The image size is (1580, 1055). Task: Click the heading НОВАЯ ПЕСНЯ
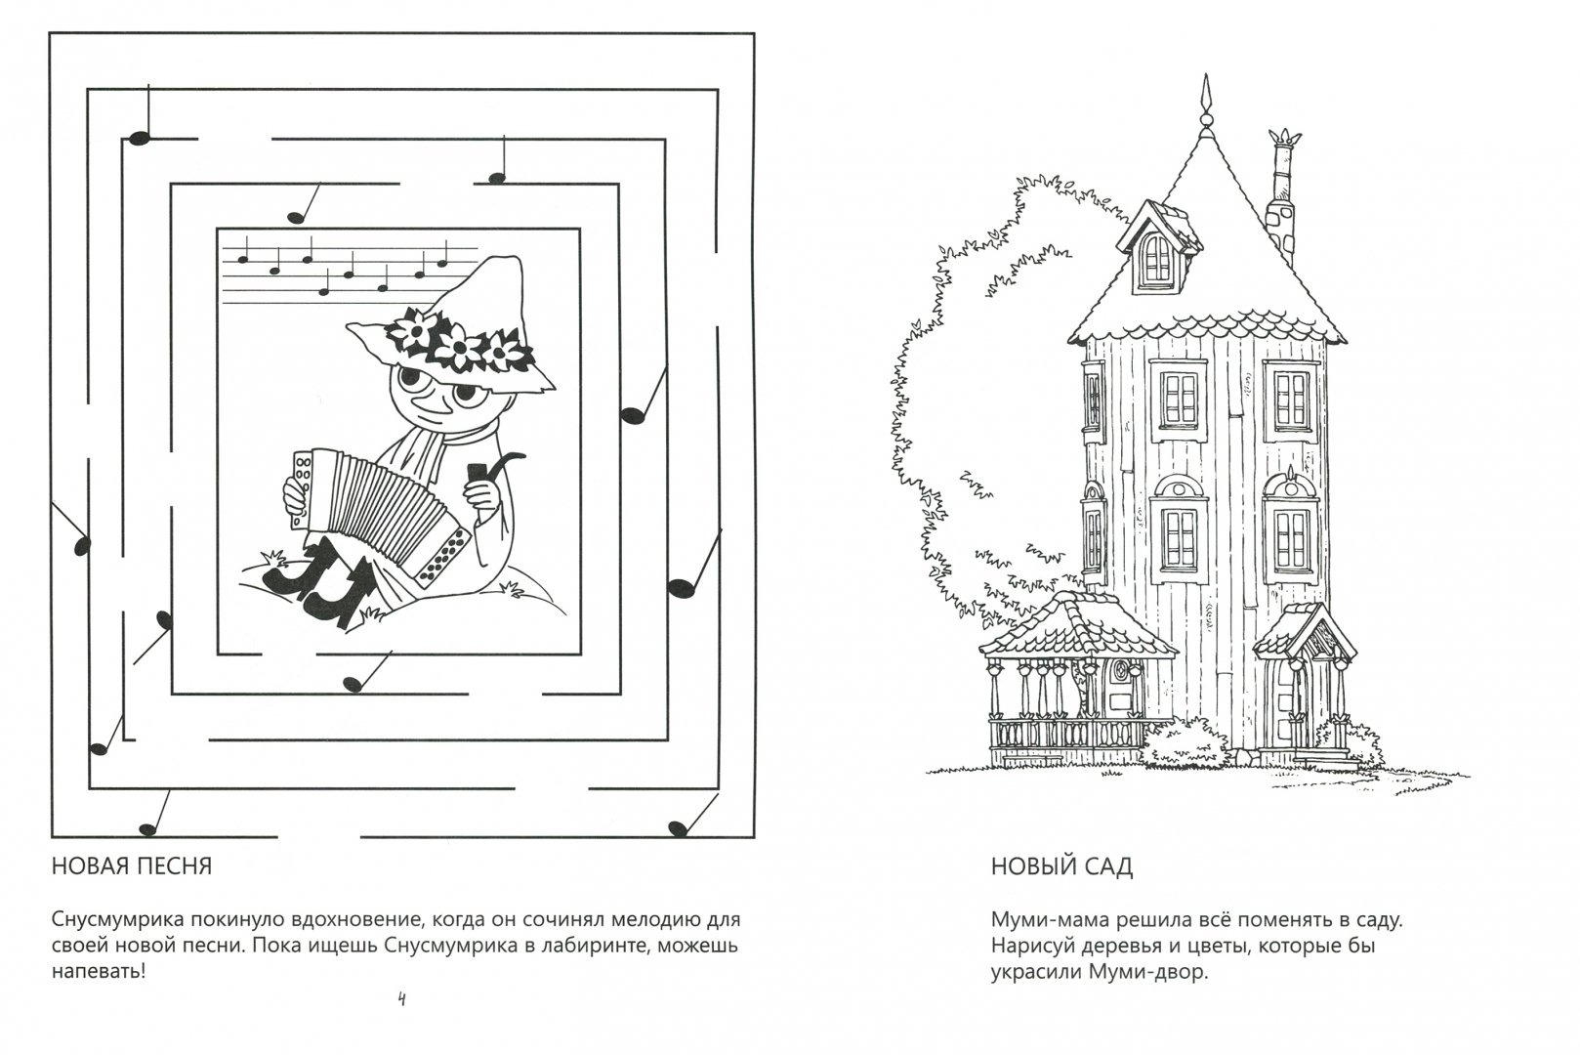click(132, 865)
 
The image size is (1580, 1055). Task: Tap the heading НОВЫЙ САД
click(1061, 865)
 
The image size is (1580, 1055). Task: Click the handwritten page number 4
click(401, 998)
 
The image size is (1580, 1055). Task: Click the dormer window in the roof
click(1158, 250)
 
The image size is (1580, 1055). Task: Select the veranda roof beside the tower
click(1076, 628)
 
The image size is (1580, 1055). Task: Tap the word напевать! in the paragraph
click(99, 973)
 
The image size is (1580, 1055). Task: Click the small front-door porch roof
click(1305, 632)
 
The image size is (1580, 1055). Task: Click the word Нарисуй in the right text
click(1032, 947)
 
